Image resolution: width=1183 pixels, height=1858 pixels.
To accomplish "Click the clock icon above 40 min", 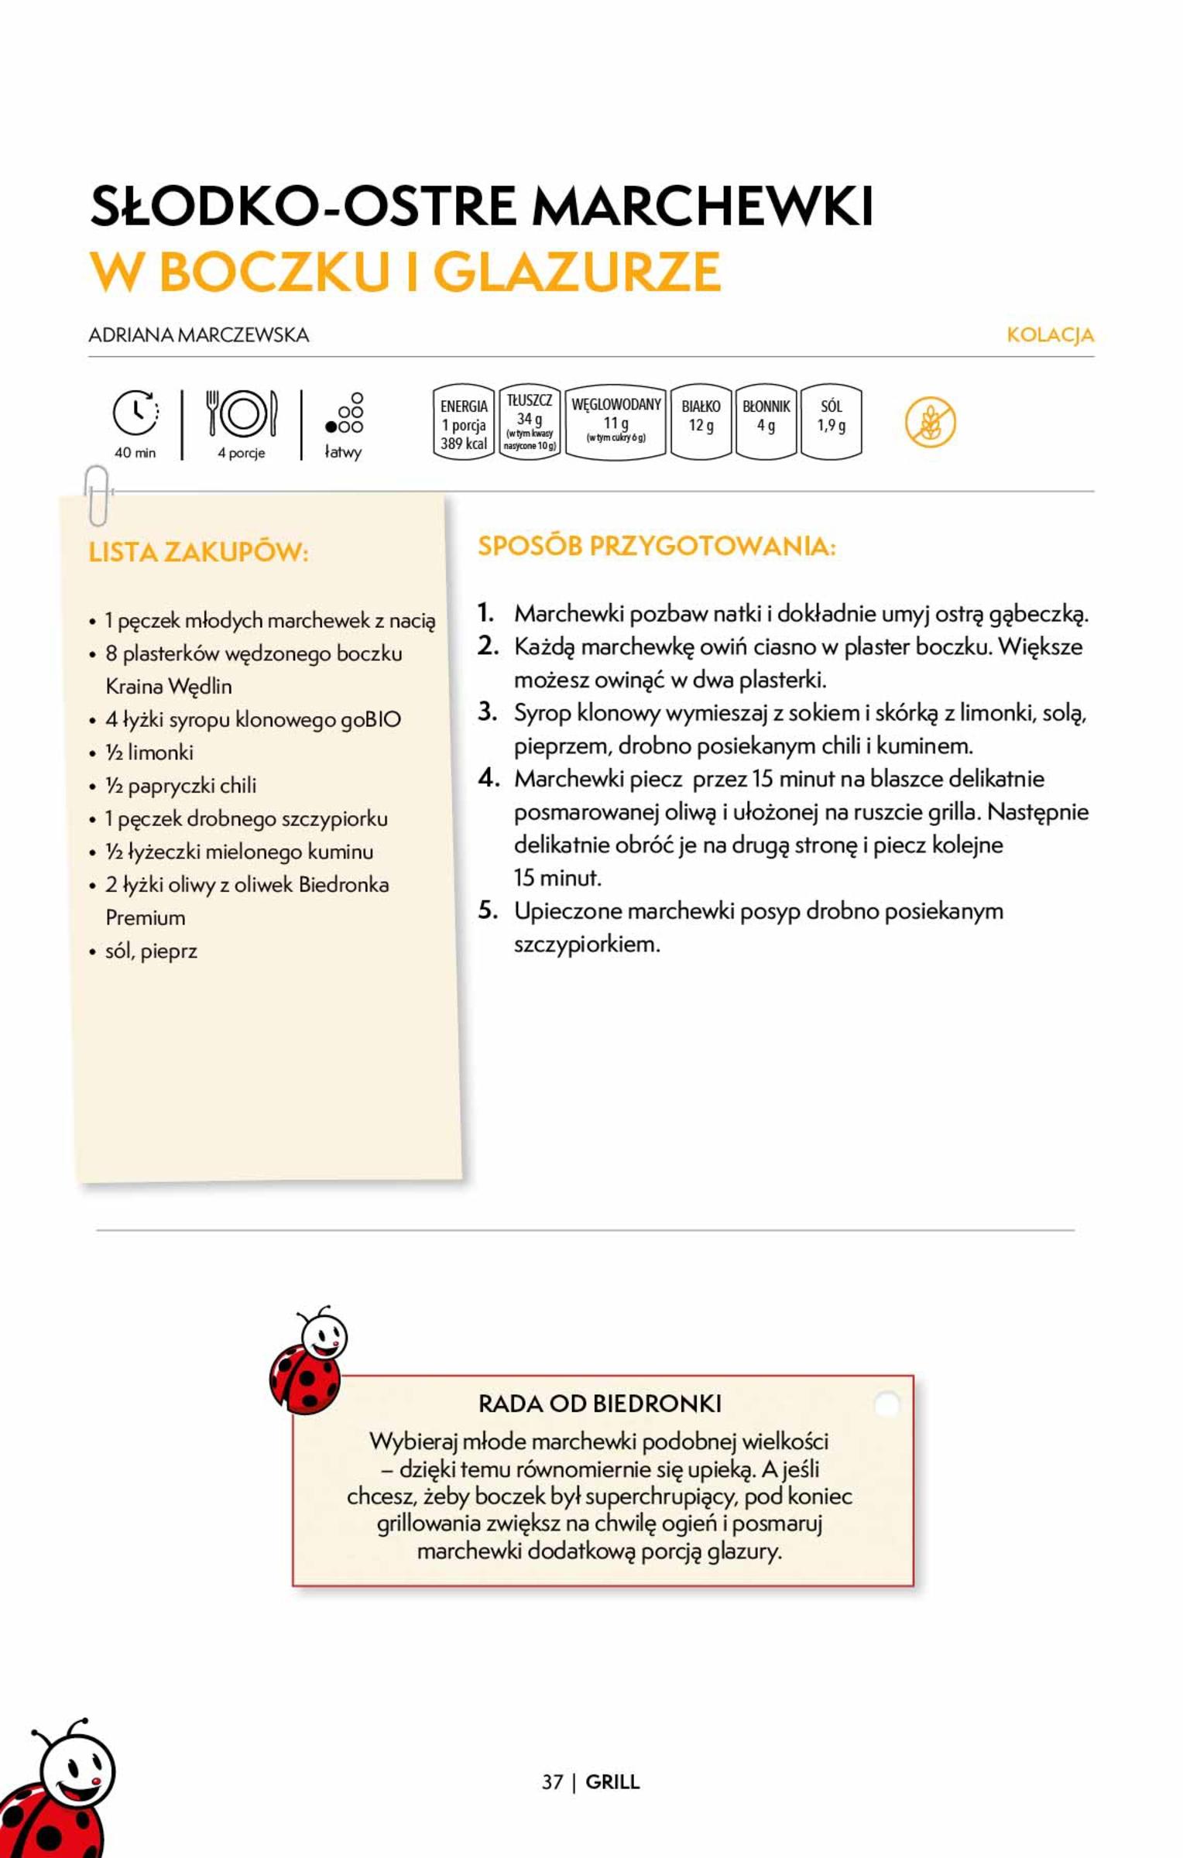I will click(136, 413).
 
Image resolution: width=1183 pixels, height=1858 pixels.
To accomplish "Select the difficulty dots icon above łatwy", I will click(345, 414).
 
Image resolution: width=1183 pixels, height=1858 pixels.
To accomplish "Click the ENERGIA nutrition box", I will click(464, 423).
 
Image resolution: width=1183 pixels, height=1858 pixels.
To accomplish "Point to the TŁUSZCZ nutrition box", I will click(530, 422).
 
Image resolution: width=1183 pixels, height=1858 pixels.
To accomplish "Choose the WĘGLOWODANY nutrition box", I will click(616, 422).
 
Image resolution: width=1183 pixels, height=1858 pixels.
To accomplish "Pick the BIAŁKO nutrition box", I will click(701, 422).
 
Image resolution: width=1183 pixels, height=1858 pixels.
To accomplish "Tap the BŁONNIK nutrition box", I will click(766, 422).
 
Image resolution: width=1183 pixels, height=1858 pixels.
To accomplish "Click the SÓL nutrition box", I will click(831, 422).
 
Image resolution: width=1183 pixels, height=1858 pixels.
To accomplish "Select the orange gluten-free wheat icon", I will click(930, 423).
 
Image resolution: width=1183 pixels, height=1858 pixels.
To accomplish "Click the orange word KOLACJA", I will click(1050, 335).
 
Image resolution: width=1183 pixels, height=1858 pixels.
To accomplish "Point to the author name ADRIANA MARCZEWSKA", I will click(199, 335).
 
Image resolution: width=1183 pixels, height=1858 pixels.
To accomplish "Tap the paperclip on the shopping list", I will click(97, 495).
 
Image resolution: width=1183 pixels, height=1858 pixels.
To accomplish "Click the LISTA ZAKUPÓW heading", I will click(199, 553).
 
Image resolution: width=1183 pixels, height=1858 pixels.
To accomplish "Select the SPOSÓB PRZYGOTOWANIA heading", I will click(657, 547).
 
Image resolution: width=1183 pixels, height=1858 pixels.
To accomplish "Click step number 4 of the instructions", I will click(488, 778).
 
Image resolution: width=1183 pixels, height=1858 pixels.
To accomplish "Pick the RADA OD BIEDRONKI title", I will click(600, 1404).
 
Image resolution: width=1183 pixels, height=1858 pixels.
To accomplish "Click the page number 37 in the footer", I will click(552, 1782).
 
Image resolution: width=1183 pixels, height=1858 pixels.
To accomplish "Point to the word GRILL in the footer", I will click(612, 1782).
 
